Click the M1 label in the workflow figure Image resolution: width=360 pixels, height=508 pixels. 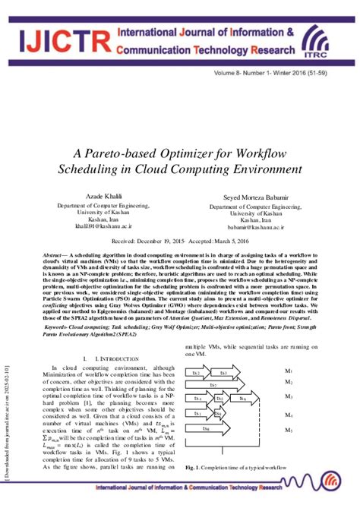(x=289, y=371)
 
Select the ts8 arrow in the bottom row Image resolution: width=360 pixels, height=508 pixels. (x=210, y=429)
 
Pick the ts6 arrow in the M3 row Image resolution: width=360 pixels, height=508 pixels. (x=243, y=399)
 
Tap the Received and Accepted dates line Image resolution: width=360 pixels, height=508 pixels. (x=180, y=238)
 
